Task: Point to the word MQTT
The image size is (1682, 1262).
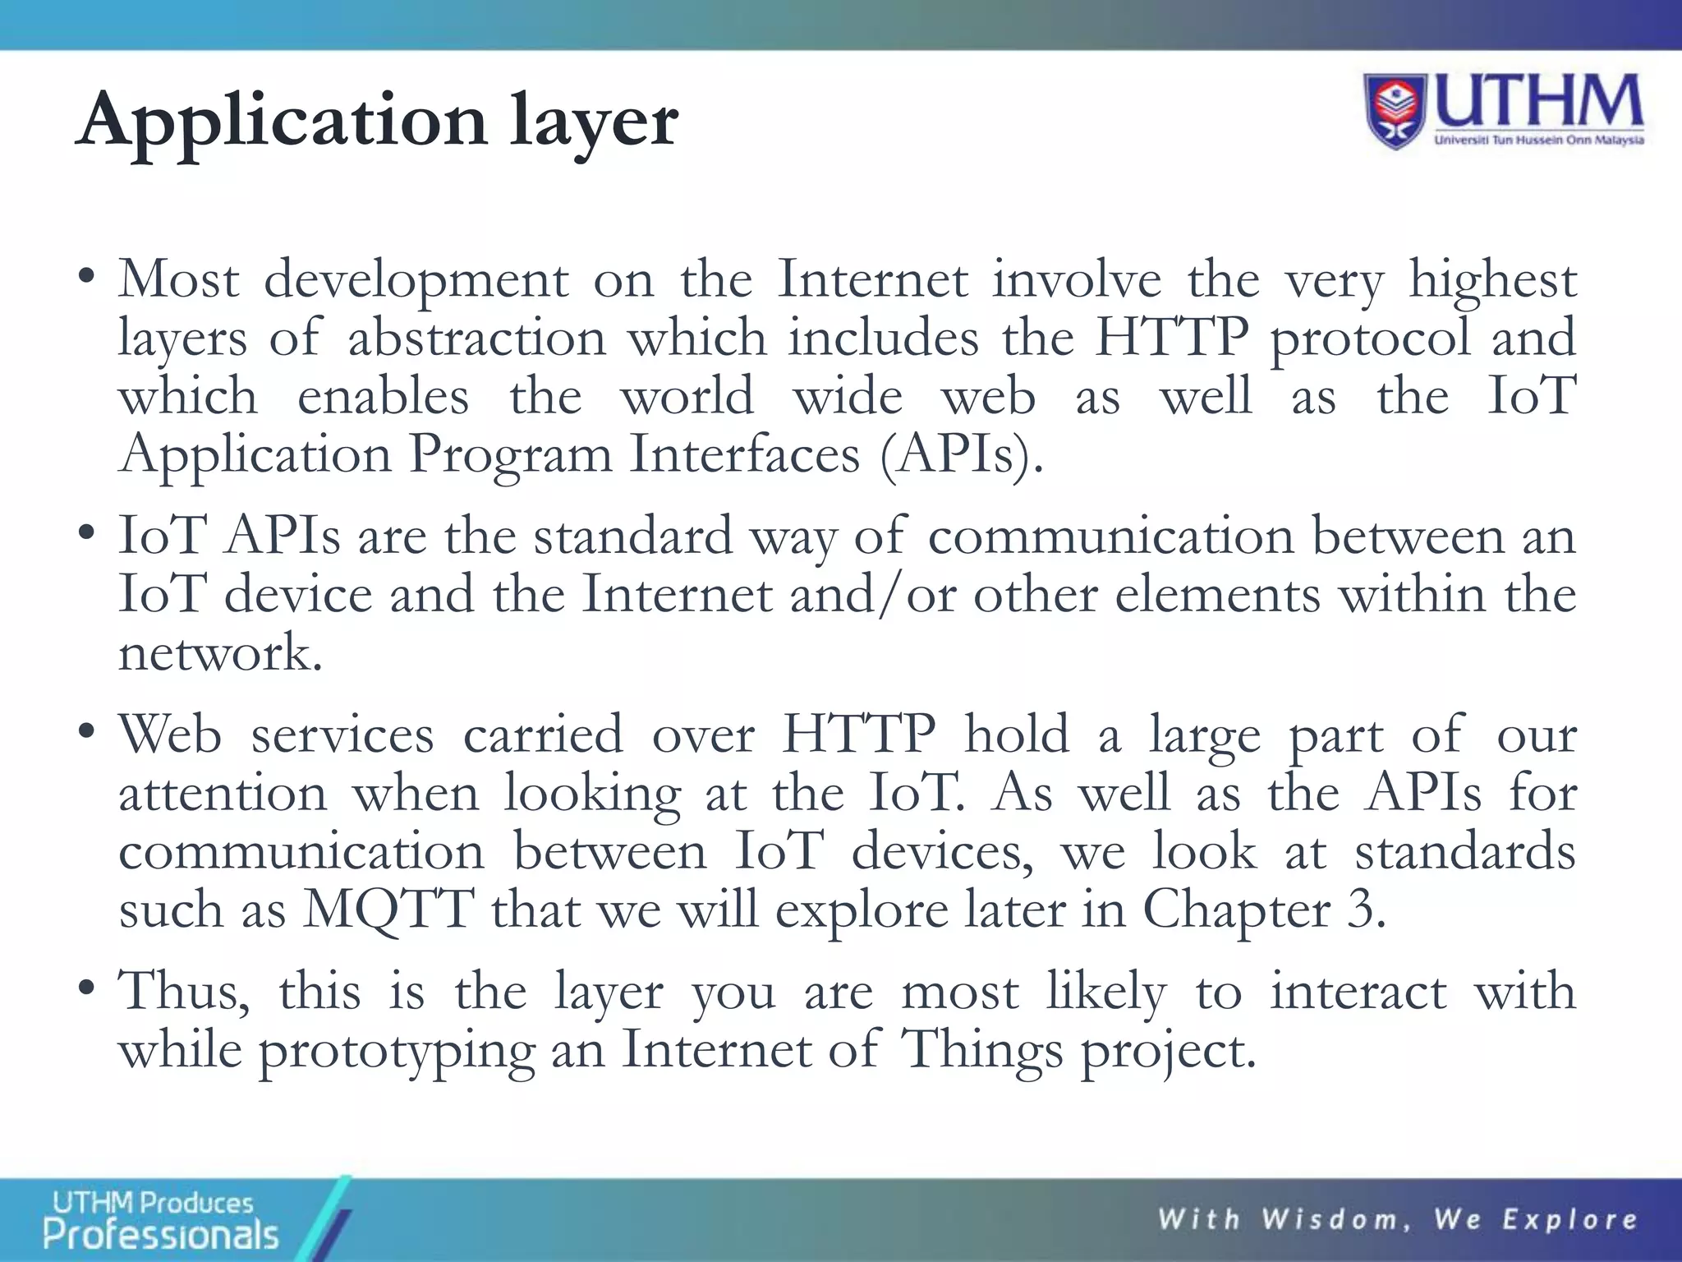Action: [x=388, y=910]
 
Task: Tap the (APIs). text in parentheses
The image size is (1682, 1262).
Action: [x=961, y=454]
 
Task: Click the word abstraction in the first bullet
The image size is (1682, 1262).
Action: [x=476, y=338]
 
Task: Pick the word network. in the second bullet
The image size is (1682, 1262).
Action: [x=220, y=653]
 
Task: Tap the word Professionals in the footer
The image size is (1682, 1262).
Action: [x=161, y=1234]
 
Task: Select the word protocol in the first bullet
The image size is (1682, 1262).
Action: [x=1370, y=338]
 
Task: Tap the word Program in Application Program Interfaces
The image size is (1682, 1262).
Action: [x=510, y=454]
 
